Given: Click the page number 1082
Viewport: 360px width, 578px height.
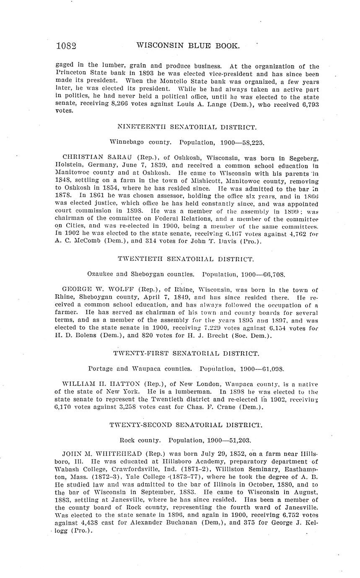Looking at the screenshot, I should (x=66, y=46).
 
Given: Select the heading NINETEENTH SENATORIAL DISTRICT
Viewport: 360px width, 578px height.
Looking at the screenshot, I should (x=186, y=127).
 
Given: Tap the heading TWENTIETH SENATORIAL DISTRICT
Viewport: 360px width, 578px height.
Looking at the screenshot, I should (x=186, y=259).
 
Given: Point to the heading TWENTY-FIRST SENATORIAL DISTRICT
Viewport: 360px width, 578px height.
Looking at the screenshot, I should (x=186, y=354).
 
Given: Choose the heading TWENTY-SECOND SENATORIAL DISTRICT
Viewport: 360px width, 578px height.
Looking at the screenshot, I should (x=186, y=425).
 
